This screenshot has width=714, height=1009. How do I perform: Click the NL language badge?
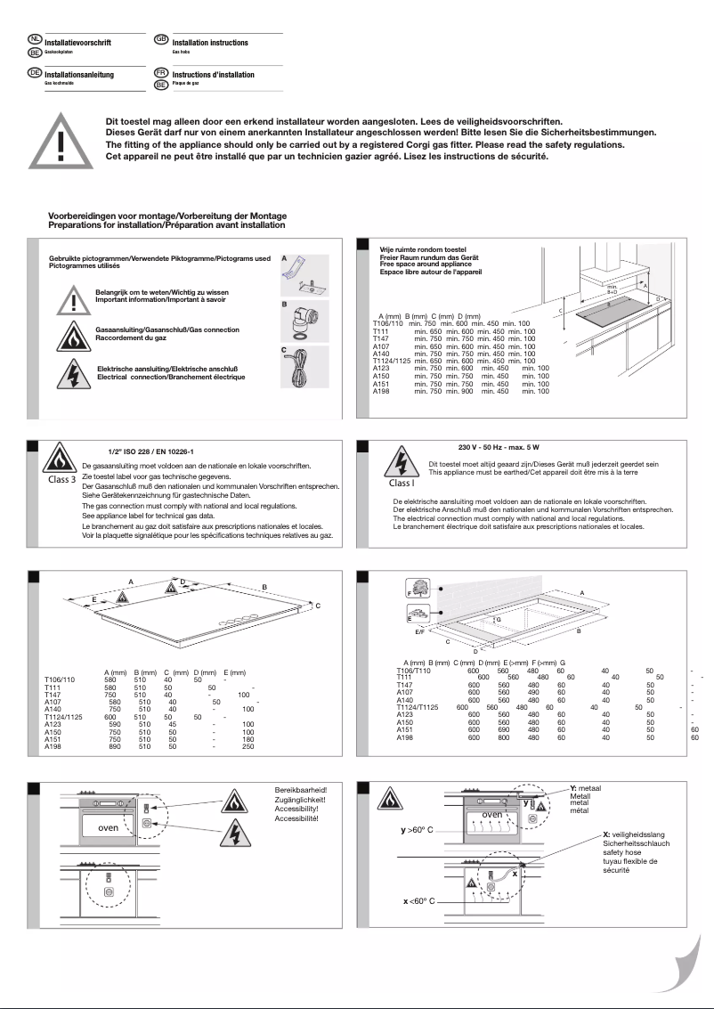35,40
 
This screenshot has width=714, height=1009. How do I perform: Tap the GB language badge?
161,40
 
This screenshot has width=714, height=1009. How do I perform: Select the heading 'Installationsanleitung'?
78,75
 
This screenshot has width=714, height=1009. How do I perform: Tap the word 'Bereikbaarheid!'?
300,790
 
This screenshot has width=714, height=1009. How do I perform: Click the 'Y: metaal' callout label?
585,788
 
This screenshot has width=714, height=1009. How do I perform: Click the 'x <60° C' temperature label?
418,901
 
